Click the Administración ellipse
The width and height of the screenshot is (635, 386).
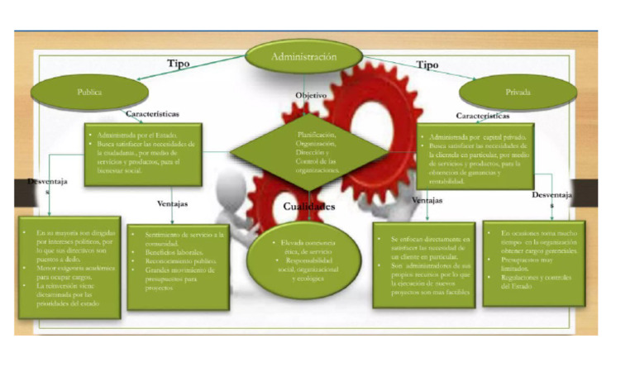(x=304, y=58)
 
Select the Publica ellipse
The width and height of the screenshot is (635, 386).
(x=90, y=93)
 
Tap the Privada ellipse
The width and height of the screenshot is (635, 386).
(x=518, y=93)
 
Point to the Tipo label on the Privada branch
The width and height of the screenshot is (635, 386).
(x=427, y=64)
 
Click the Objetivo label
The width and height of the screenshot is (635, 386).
(x=311, y=96)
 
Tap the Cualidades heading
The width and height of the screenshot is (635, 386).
(x=306, y=206)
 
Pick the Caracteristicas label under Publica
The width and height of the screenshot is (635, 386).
(x=152, y=114)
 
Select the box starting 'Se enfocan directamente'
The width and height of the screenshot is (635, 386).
(x=423, y=264)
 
